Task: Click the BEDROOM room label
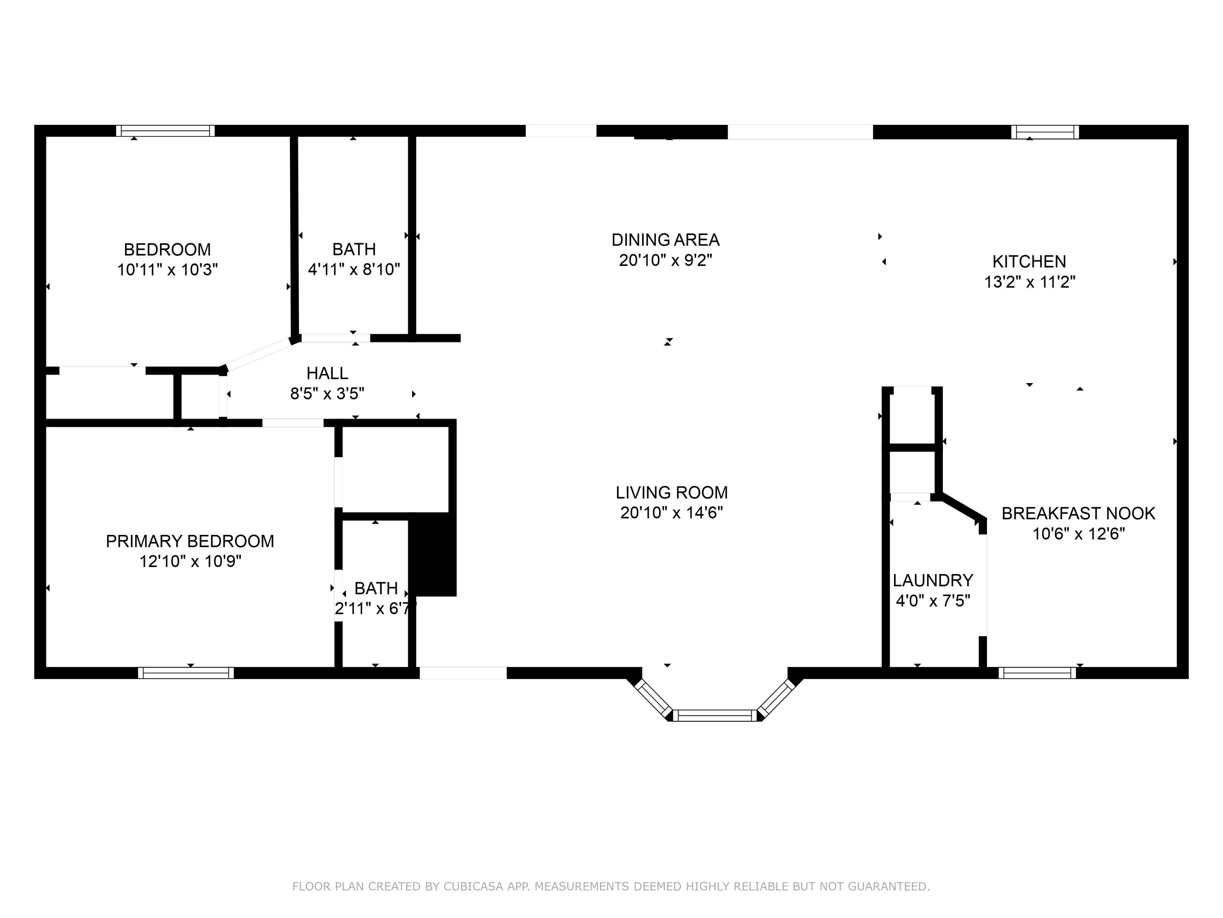(x=167, y=250)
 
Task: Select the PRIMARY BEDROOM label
(x=190, y=541)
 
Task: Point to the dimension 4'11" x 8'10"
(x=354, y=269)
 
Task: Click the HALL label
(x=327, y=373)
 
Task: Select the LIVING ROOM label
(x=671, y=492)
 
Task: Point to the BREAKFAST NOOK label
(x=1078, y=514)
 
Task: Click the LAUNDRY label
(x=933, y=581)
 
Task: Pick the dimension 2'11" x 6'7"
(x=375, y=609)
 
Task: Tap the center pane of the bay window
(x=715, y=716)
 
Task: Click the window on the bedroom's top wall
(x=166, y=131)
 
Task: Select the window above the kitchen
(x=1044, y=132)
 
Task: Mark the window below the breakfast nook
(x=1037, y=673)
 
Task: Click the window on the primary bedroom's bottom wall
(x=186, y=673)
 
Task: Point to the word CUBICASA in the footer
(x=473, y=887)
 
